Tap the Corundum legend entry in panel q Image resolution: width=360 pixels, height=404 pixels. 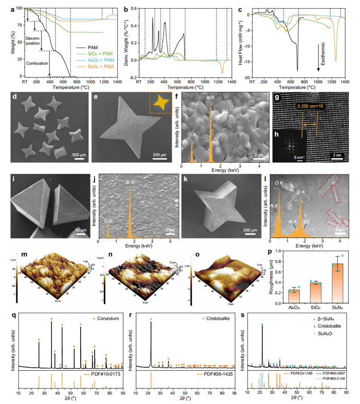pos(105,318)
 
